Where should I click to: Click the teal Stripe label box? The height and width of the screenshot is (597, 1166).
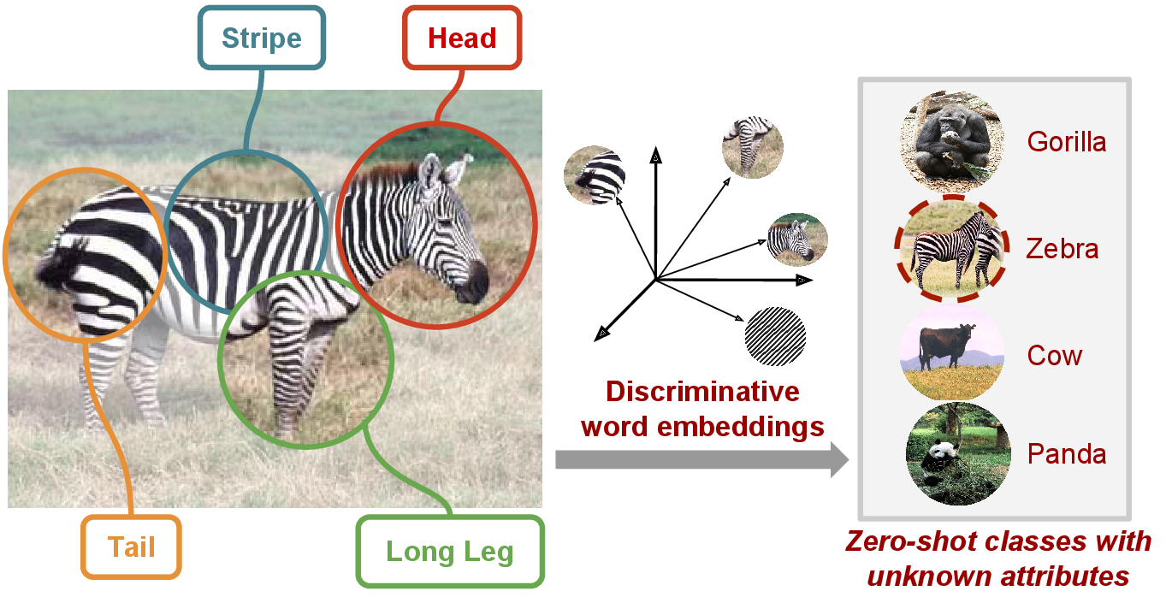point(261,38)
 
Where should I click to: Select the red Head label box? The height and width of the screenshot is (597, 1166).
point(462,38)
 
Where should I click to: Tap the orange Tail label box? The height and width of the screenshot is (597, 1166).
point(131,546)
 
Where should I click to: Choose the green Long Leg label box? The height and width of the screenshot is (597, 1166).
point(449,551)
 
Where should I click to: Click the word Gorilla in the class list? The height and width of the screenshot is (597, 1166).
point(1067,141)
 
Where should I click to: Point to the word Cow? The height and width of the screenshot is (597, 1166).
point(1055,355)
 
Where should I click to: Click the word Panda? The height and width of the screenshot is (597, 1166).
point(1067,453)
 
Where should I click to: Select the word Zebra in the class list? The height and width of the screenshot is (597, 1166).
point(1062,249)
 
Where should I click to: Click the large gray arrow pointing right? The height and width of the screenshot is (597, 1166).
point(701,460)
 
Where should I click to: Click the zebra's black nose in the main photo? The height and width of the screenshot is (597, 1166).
point(473,280)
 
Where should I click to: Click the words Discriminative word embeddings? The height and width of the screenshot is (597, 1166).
point(702,409)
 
